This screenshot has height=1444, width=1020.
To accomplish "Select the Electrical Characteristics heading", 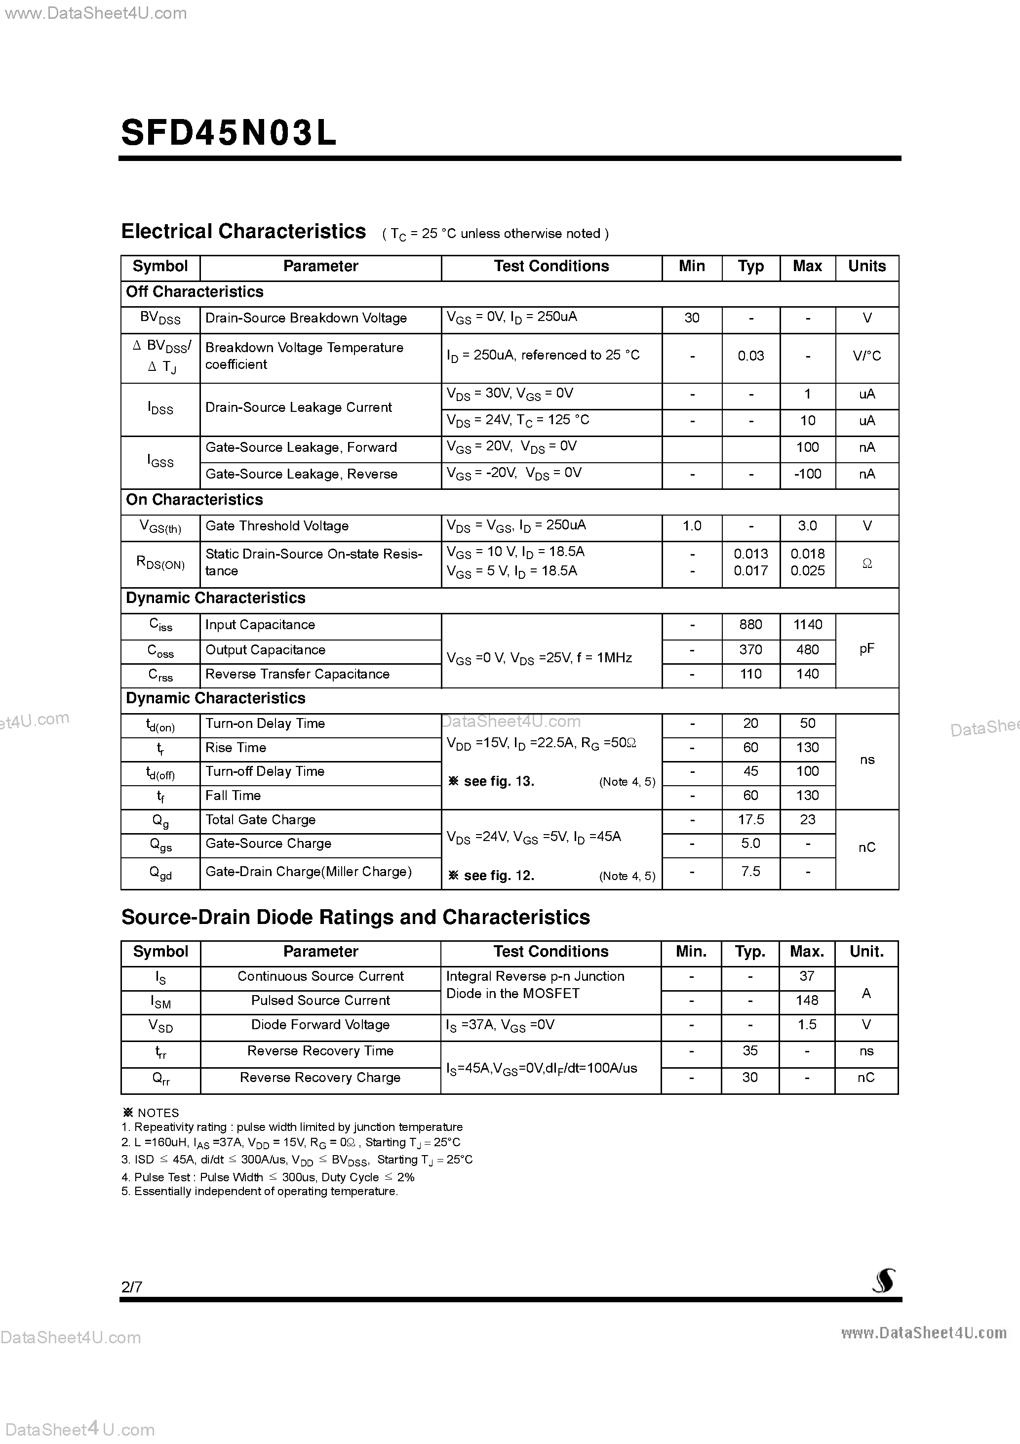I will click(x=243, y=232).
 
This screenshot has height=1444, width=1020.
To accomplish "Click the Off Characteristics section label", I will click(x=195, y=292).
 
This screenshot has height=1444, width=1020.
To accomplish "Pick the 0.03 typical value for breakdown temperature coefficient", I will click(x=750, y=356).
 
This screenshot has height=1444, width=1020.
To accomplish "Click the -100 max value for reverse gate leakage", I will click(x=807, y=474).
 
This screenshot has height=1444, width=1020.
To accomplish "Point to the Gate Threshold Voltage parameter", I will click(x=276, y=526).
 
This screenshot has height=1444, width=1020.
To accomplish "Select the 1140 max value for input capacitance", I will click(x=807, y=625).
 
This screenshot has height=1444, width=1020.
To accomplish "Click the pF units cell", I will click(x=866, y=649).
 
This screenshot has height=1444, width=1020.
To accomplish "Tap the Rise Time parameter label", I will click(x=236, y=748).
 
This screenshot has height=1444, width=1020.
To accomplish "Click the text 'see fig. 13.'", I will click(x=498, y=782).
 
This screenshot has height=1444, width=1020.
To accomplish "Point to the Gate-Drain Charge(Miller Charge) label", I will click(x=308, y=872).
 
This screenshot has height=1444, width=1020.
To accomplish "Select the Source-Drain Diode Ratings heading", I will click(x=355, y=918).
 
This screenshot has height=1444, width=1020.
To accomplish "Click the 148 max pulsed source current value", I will click(x=807, y=1001).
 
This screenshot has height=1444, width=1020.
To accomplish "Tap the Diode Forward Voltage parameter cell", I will click(x=320, y=1025).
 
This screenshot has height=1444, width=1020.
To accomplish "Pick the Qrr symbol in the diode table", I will click(x=160, y=1079).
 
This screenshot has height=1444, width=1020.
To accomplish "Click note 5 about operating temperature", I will click(x=260, y=1192).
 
